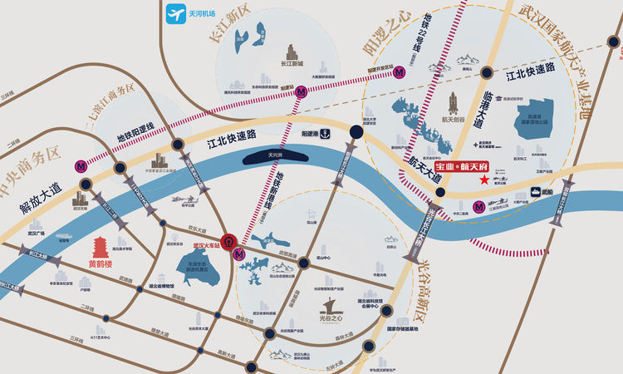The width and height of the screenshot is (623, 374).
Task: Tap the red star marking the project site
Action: (x=483, y=180)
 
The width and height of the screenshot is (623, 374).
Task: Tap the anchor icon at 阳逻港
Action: (x=326, y=133)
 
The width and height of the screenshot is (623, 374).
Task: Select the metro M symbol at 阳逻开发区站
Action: (x=401, y=72)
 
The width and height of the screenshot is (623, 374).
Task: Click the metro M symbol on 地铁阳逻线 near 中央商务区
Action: (x=81, y=165)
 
